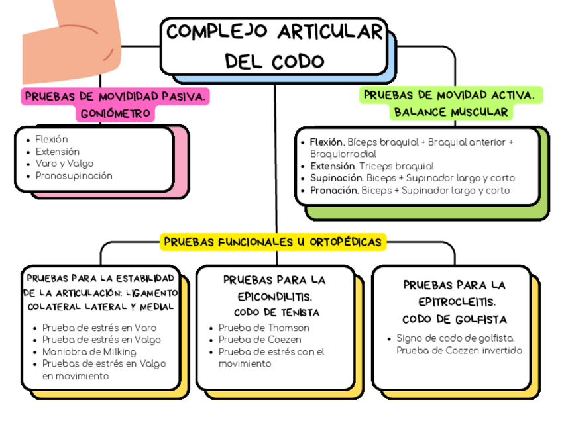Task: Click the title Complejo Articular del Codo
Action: (274, 46)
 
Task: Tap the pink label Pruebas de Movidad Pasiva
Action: (116, 97)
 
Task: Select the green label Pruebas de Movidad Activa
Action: (451, 95)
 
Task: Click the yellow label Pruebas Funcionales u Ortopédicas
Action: (273, 242)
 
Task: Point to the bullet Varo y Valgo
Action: (64, 164)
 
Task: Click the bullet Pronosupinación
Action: (74, 176)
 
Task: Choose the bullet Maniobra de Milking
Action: (89, 351)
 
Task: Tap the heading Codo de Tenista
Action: (277, 312)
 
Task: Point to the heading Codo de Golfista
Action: (454, 319)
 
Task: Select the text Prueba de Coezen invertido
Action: (459, 350)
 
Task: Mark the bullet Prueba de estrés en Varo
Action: (99, 328)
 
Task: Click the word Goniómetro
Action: (117, 114)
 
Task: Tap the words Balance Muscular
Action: (451, 112)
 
